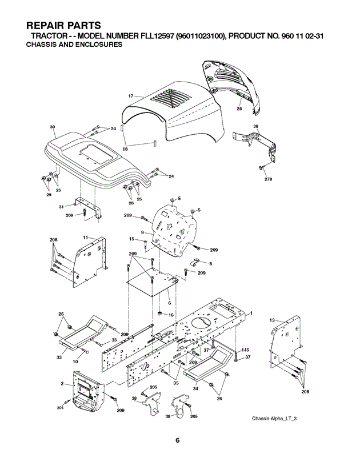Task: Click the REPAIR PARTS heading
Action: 63,25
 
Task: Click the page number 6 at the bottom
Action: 177,441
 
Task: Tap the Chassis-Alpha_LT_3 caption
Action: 274,418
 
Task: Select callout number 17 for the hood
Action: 131,96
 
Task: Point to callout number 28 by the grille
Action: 239,109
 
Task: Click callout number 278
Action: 269,179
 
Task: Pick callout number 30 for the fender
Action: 53,127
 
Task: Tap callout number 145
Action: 245,349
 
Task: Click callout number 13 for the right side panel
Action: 272,320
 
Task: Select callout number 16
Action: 171,315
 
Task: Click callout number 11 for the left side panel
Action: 86,238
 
